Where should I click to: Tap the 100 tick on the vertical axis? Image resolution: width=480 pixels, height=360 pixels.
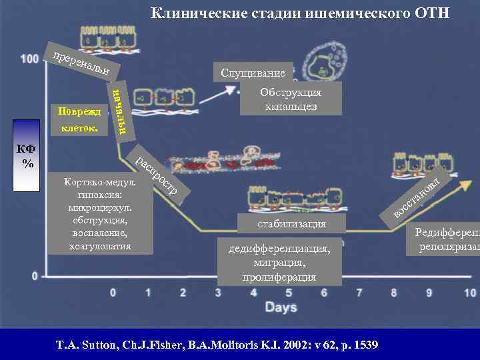(29, 59)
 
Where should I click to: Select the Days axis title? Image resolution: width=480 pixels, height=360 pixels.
(281, 307)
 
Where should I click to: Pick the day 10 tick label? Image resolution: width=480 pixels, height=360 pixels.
(469, 292)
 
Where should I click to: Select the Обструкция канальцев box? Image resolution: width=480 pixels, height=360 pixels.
(291, 99)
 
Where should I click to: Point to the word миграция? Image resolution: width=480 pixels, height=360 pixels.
(279, 263)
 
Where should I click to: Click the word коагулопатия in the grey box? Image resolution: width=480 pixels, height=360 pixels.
(100, 246)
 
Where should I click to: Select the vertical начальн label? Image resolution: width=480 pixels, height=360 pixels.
(118, 109)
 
